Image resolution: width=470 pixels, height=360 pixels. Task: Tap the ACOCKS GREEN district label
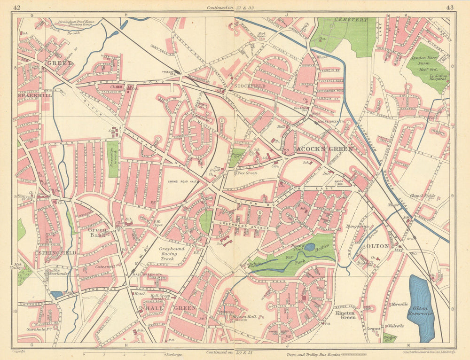tap(324, 149)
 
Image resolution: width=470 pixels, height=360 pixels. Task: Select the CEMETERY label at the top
tap(351, 20)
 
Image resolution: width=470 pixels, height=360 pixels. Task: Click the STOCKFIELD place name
tap(250, 86)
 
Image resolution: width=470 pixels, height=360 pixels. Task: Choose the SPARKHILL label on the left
tap(35, 95)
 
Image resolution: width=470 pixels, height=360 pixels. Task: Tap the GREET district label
tap(59, 63)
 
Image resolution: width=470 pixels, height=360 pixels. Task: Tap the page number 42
tap(17, 7)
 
